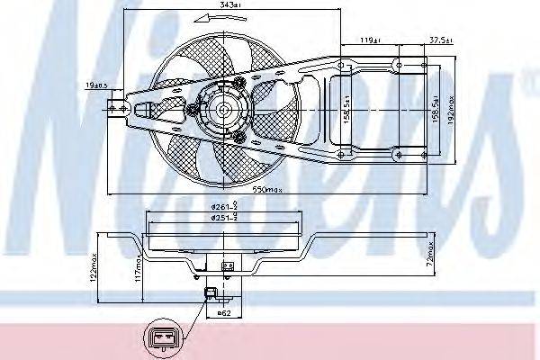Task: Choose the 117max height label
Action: coord(139,268)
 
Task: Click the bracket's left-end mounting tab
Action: coord(115,109)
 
